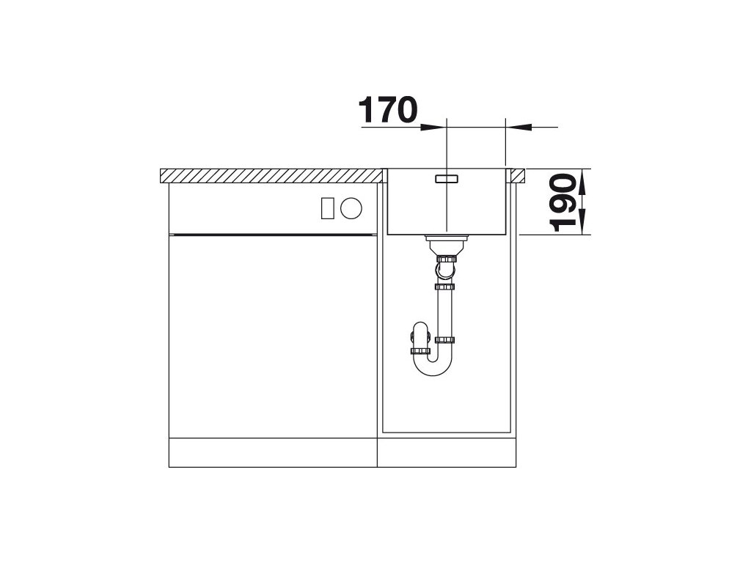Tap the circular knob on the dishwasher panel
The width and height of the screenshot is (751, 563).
[x=351, y=208]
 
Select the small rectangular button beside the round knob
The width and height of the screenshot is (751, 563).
[x=328, y=208]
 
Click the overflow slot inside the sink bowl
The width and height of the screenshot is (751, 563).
[x=447, y=179]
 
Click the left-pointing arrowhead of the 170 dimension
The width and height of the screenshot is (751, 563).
[x=519, y=128]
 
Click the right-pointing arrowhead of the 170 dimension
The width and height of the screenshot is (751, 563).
[x=433, y=128]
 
